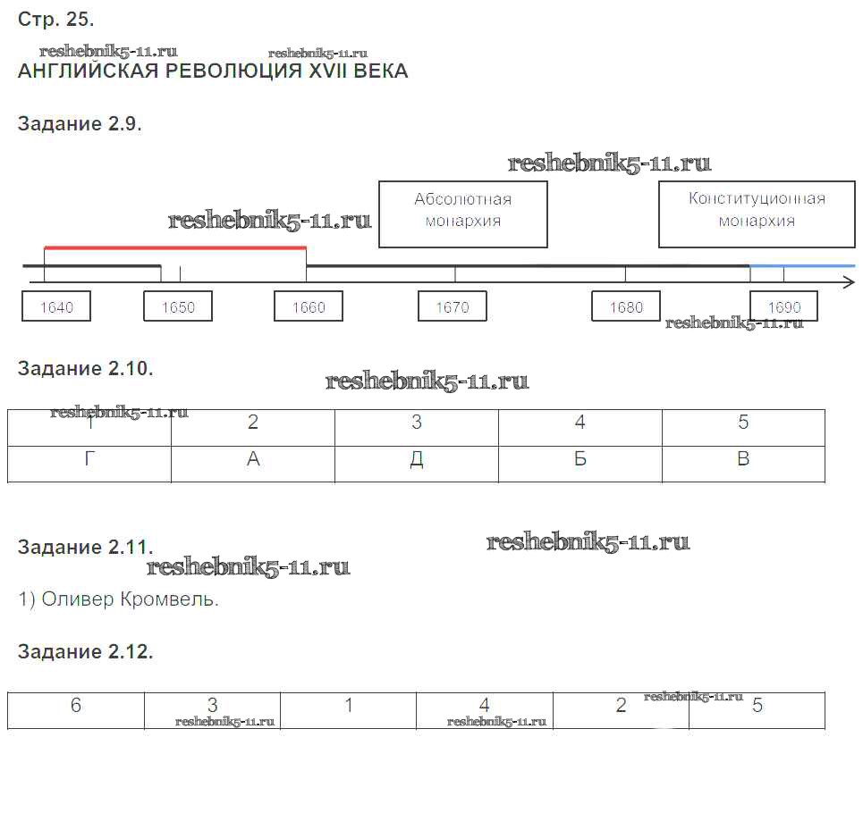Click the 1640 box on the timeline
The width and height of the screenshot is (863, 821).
[x=56, y=306]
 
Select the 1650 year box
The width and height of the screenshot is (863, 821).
[x=178, y=306]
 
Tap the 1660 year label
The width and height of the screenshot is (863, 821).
[x=309, y=306]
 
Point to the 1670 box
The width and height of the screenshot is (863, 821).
[x=453, y=306]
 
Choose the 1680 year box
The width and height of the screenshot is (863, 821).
[x=626, y=306]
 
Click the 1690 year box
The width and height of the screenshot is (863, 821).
[x=783, y=306]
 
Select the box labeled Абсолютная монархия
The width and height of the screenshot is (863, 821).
[x=463, y=214]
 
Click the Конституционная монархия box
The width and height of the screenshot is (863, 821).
[x=757, y=214]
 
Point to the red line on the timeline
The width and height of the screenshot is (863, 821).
[x=175, y=247]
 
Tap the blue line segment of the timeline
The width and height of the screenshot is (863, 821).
[x=802, y=265]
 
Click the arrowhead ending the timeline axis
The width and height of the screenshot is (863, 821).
[x=849, y=282]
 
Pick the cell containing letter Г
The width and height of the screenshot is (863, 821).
[x=89, y=459]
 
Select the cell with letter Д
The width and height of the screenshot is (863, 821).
[x=417, y=459]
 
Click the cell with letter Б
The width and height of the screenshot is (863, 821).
[x=580, y=459]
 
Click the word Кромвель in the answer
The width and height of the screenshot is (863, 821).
[x=172, y=599]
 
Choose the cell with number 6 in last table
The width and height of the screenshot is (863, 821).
[x=76, y=706]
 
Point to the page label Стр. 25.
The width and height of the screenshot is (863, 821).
[x=55, y=19]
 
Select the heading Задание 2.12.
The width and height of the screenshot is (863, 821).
[x=86, y=652]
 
